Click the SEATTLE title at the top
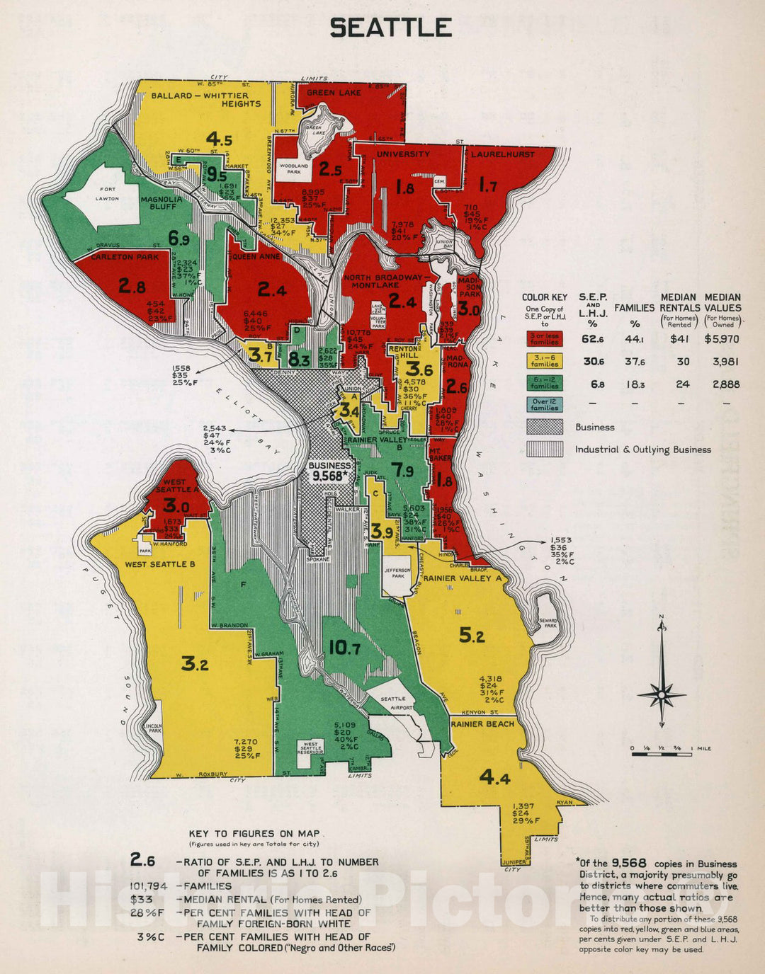pyautogui.click(x=390, y=28)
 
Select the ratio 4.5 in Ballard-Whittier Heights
pyautogui.click(x=219, y=139)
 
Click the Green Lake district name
pyautogui.click(x=334, y=93)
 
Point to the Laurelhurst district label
pyautogui.click(x=503, y=154)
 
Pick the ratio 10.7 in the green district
pyautogui.click(x=344, y=648)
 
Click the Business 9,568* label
pyautogui.click(x=329, y=471)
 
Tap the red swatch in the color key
pyautogui.click(x=544, y=338)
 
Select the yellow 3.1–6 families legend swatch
pyautogui.click(x=544, y=361)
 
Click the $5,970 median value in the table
pyautogui.click(x=722, y=339)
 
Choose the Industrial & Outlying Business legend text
pyautogui.click(x=642, y=449)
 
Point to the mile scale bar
pyautogui.click(x=662, y=754)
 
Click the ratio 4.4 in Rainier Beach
pyautogui.click(x=494, y=778)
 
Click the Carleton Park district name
pyautogui.click(x=125, y=257)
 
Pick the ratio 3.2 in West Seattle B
pyautogui.click(x=194, y=663)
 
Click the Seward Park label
pyautogui.click(x=548, y=624)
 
